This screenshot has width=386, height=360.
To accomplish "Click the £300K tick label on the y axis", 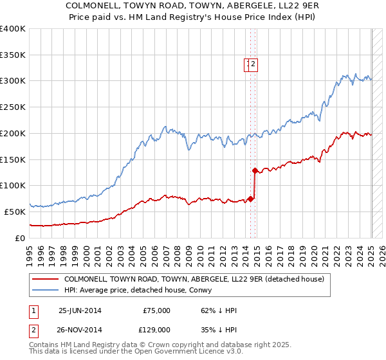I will tap(13, 81).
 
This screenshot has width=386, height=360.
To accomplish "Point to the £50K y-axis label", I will tap(15, 212).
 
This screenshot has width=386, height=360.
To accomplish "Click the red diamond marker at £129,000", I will tap(255, 170).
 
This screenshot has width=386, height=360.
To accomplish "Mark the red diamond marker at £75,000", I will tap(250, 199).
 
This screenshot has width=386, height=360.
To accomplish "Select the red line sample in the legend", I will tap(44, 279).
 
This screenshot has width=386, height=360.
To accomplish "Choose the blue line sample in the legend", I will tap(44, 290).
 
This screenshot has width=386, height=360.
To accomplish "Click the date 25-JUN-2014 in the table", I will tap(80, 310).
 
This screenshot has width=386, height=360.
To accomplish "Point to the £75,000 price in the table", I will tap(156, 310).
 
